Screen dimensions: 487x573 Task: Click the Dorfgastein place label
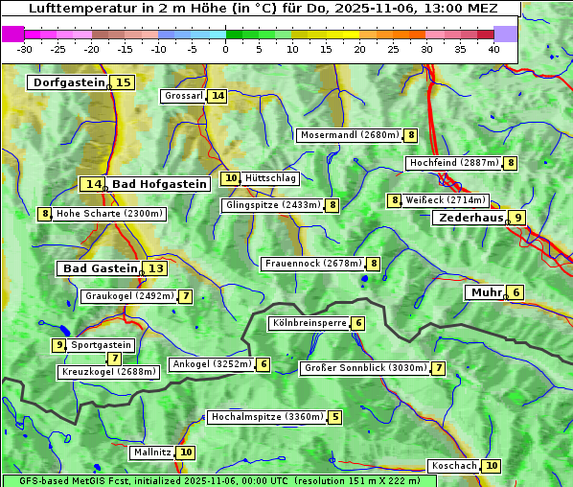tap(68, 82)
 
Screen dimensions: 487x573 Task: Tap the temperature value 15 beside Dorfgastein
tap(124, 82)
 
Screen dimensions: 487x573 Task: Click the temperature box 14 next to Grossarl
tap(218, 96)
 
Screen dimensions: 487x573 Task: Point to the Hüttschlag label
tap(270, 178)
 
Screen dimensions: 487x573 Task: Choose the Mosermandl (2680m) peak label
tap(349, 135)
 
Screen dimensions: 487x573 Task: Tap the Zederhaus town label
tap(470, 218)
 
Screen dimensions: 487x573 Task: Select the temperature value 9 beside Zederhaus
tap(517, 218)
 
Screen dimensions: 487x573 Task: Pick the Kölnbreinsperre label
tap(308, 323)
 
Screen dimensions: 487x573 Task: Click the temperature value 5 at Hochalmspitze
tap(334, 417)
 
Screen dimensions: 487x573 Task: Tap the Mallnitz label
tap(151, 452)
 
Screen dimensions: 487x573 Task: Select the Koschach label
tap(453, 466)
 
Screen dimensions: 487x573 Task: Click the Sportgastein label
tap(102, 345)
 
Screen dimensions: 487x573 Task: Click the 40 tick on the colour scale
tap(493, 49)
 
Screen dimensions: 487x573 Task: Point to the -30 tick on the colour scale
tap(25, 49)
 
